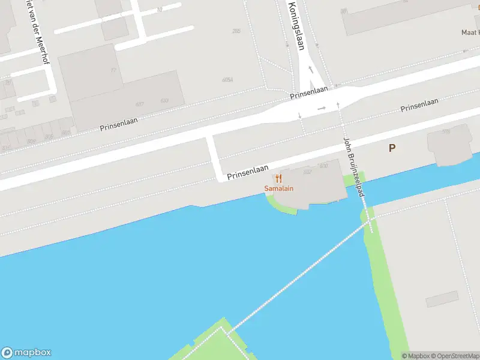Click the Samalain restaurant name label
point(279,189)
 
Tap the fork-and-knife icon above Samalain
point(278,178)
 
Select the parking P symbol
point(392,148)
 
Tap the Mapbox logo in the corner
point(26,353)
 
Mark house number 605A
point(227,79)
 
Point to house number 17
point(113,70)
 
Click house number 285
point(236,31)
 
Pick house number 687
point(139,104)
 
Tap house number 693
point(164,100)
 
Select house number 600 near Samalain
point(323,166)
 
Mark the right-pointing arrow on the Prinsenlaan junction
point(322,109)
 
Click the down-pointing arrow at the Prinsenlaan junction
point(299,115)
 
